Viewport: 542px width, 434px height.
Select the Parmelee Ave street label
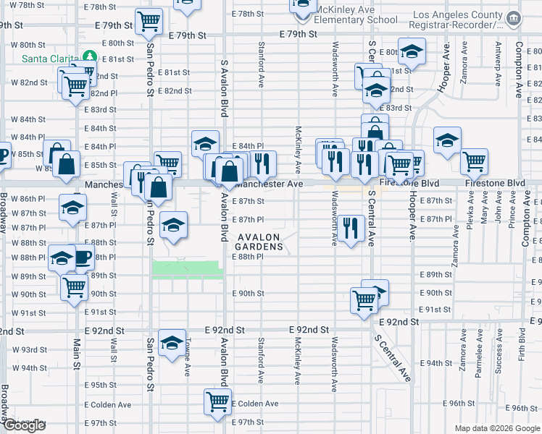click(x=479, y=357)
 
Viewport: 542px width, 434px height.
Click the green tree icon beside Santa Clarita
click(x=89, y=56)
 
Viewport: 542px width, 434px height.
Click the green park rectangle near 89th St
click(x=186, y=269)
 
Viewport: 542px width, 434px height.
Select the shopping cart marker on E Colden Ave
click(x=217, y=400)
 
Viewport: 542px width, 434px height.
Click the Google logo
click(x=24, y=425)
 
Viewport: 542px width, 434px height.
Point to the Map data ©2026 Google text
click(x=496, y=428)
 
